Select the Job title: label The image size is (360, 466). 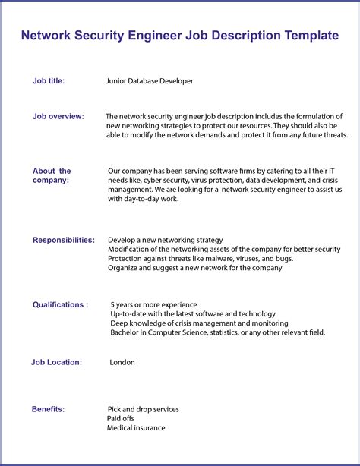[49, 80]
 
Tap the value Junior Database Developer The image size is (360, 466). [150, 80]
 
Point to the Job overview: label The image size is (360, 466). [58, 116]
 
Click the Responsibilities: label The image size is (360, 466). [64, 240]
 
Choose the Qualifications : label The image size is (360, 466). [60, 304]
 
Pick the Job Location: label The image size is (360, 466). [56, 362]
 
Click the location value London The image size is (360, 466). [122, 362]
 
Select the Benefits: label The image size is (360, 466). [48, 409]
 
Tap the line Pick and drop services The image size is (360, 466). [144, 409]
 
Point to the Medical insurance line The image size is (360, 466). [136, 428]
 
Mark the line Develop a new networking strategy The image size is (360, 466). [166, 240]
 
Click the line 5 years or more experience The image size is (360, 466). [153, 304]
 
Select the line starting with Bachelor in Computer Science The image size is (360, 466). [217, 332]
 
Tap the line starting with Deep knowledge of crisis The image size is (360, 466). [199, 323]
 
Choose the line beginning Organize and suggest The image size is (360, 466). [195, 268]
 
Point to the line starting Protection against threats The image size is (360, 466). [201, 258]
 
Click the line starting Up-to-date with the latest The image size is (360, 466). [193, 313]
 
